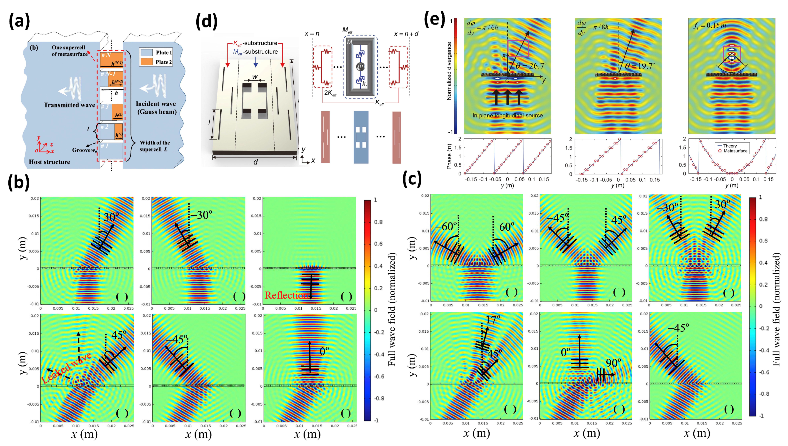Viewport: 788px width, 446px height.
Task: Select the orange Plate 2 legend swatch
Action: tap(146, 62)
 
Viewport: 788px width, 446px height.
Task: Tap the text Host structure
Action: tap(49, 162)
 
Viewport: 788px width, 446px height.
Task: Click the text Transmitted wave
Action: tap(69, 105)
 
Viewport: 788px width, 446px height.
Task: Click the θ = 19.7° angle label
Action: tap(640, 66)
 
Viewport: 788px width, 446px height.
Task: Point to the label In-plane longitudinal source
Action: tap(507, 115)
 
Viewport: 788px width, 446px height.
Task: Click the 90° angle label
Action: tap(613, 363)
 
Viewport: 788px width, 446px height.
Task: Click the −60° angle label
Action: tap(446, 227)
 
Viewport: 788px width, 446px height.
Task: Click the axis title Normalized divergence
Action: tap(449, 71)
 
